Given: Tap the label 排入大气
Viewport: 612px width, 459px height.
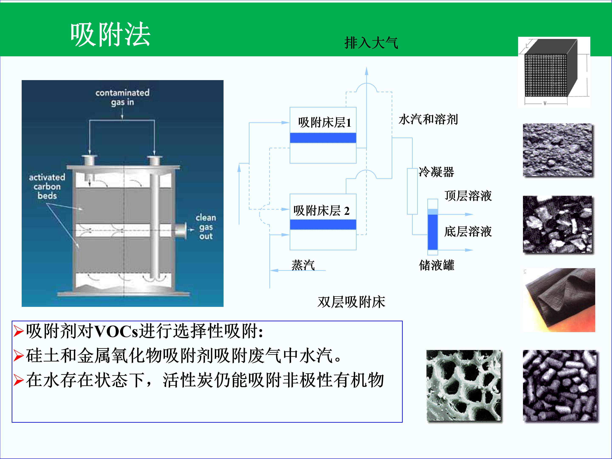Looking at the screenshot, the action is pos(371,43).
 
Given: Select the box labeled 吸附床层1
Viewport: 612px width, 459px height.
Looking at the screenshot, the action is pos(323,135).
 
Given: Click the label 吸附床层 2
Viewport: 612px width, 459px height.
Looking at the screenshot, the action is pos(322,211).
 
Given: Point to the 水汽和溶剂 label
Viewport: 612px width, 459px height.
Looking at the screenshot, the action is pos(428,119).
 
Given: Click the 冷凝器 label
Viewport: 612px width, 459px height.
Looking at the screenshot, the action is pos(436,172).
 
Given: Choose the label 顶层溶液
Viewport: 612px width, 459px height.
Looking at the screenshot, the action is pos(468,196).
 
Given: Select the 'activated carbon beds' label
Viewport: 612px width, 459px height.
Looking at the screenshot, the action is pos(47,186).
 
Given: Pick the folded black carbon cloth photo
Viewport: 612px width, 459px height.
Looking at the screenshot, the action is pos(559,300).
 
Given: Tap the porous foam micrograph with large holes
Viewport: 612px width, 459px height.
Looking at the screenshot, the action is pos(464,386).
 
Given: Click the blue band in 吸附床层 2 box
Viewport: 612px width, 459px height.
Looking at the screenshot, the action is pos(323,225).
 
